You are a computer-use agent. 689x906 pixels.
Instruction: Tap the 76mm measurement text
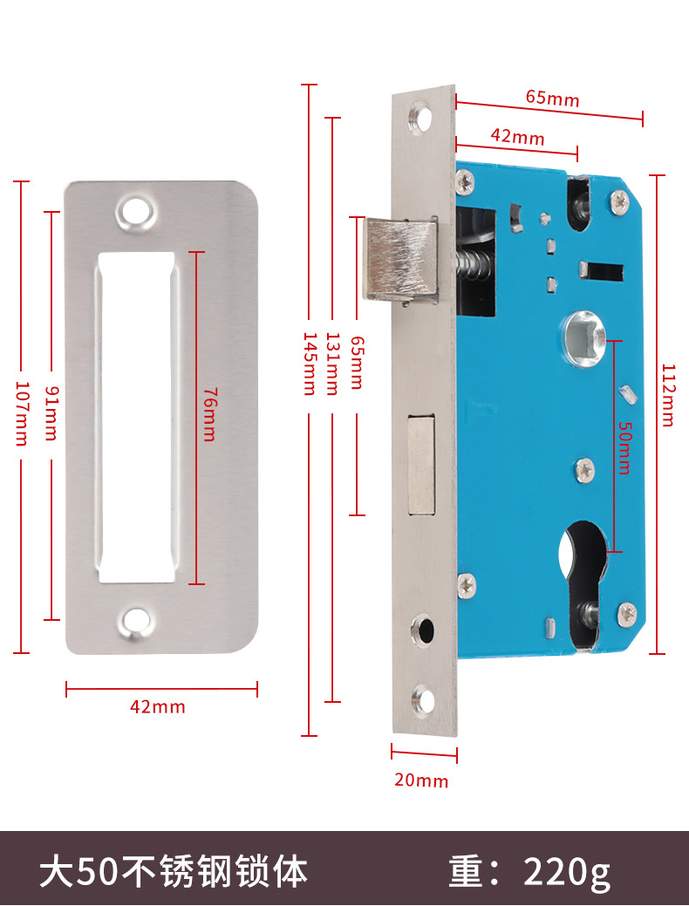pyautogui.click(x=208, y=414)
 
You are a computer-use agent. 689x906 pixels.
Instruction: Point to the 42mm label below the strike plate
pyautogui.click(x=158, y=706)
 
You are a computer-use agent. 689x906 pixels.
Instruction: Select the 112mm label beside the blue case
pyautogui.click(x=667, y=395)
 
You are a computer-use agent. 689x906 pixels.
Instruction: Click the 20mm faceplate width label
pyautogui.click(x=421, y=780)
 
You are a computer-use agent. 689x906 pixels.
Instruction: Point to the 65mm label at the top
pyautogui.click(x=552, y=98)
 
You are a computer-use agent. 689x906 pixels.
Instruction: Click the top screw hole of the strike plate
pyautogui.click(x=134, y=212)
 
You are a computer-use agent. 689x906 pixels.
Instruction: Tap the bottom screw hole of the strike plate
pyautogui.click(x=134, y=621)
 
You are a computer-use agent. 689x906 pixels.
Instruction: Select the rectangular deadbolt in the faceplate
pyautogui.click(x=421, y=463)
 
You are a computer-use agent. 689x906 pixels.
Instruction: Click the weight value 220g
pyautogui.click(x=567, y=870)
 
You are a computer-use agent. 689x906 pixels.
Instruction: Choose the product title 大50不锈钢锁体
pyautogui.click(x=174, y=870)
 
